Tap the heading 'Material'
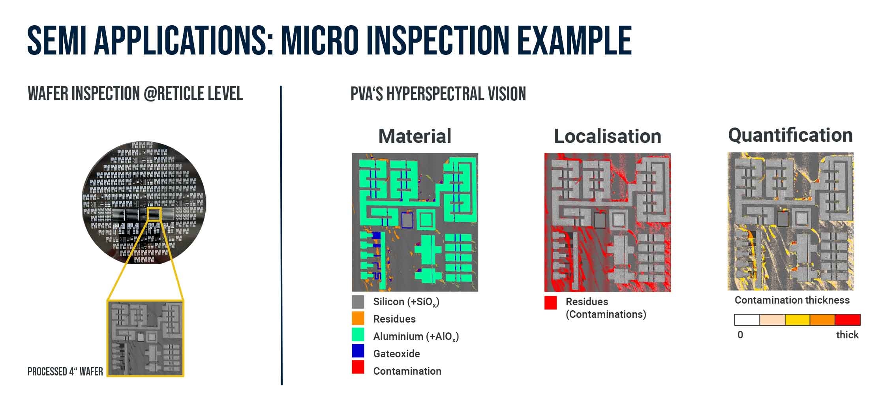(415, 136)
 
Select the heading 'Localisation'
(607, 136)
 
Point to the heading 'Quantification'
(790, 135)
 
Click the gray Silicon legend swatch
(358, 302)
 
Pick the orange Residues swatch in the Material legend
(358, 319)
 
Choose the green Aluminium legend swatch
(358, 335)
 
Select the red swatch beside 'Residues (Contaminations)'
(550, 303)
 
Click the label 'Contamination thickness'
(792, 300)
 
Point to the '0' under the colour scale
(740, 335)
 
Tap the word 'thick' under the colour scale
(847, 335)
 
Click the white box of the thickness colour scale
(747, 320)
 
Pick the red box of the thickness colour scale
(848, 320)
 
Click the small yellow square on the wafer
(154, 214)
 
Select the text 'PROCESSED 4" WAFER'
(65, 371)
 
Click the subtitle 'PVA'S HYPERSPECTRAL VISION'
(438, 94)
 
